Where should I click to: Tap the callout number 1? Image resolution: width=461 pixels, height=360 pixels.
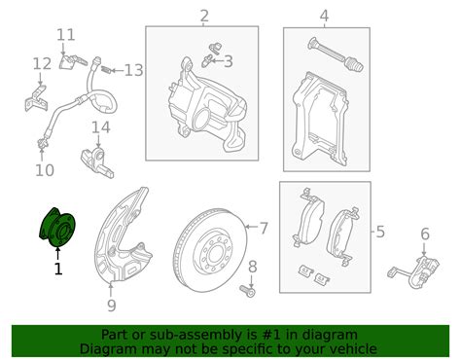point(57,269)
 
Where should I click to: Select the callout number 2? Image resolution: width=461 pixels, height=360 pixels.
point(204,16)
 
